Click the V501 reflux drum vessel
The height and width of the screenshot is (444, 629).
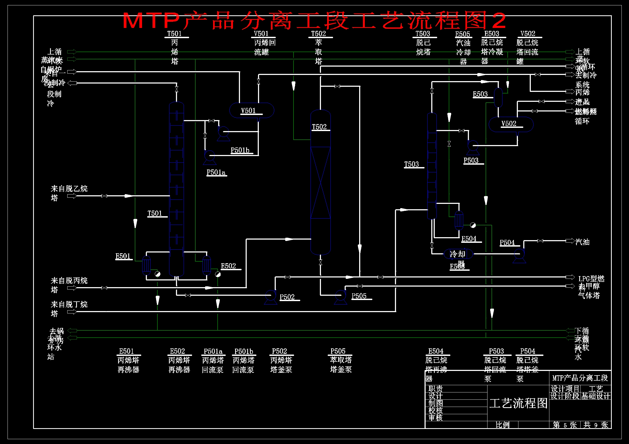coord(252,110)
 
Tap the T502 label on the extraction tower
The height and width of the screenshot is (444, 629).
coord(319,127)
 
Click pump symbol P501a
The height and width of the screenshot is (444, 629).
coord(210,157)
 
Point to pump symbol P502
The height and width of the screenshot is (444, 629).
coord(271,296)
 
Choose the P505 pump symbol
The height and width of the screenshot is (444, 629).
coord(341,296)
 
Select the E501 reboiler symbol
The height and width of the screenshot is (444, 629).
coord(146,265)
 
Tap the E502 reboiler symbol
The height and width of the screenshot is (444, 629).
coord(206,265)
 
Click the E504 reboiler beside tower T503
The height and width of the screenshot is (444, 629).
coord(459,220)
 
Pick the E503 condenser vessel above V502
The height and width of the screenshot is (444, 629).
coord(498,98)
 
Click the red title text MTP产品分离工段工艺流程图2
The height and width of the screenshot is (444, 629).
coord(314,20)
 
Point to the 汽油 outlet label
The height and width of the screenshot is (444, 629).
coord(582,242)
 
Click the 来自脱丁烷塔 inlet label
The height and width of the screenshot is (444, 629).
coord(69,308)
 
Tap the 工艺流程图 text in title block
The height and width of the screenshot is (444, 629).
coord(518,403)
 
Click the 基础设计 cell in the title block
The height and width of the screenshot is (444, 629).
coord(596,396)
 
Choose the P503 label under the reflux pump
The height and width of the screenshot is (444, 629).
coord(471,161)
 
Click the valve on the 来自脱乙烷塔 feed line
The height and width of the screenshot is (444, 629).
coord(104,196)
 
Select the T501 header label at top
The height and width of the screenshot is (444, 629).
coord(175,34)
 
